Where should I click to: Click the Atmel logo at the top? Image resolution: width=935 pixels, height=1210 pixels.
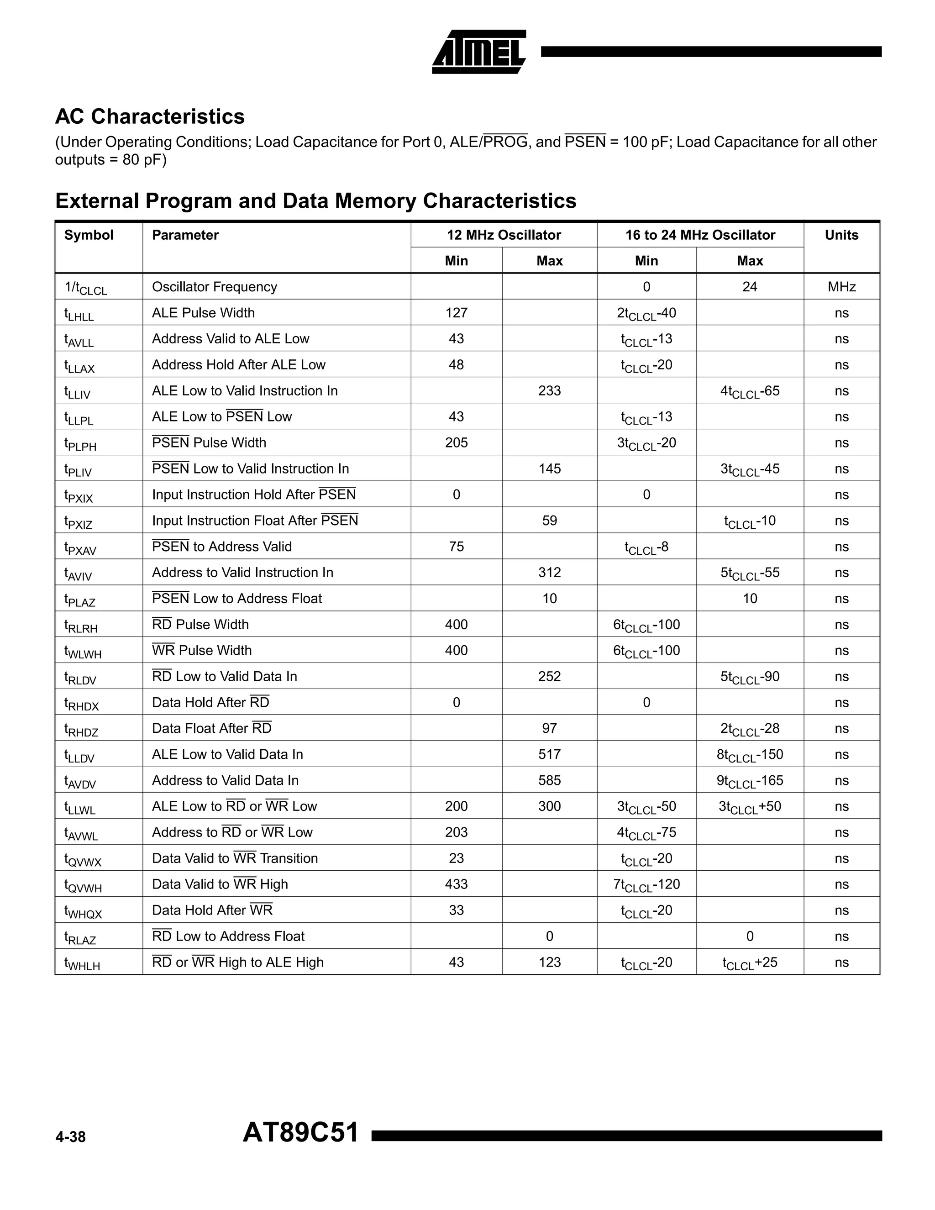pyautogui.click(x=478, y=52)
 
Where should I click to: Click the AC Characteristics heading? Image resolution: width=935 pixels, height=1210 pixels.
pyautogui.click(x=150, y=116)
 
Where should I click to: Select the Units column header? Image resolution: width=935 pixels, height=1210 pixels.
pyautogui.click(x=841, y=235)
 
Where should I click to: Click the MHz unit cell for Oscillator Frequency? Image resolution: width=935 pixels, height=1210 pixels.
pyautogui.click(x=841, y=287)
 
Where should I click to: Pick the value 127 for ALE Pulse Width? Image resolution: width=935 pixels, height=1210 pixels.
pyautogui.click(x=456, y=313)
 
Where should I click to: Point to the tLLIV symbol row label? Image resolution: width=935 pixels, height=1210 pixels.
pyautogui.click(x=78, y=392)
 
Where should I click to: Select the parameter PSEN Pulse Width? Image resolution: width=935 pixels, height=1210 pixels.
pyautogui.click(x=209, y=442)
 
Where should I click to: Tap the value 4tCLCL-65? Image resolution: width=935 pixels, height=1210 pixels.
pyautogui.click(x=750, y=391)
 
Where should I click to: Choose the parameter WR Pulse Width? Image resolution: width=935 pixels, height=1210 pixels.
pyautogui.click(x=202, y=650)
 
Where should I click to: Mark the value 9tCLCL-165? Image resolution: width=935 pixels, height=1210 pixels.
pyautogui.click(x=750, y=781)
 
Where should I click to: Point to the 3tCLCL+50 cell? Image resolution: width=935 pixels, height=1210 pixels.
pyautogui.click(x=750, y=807)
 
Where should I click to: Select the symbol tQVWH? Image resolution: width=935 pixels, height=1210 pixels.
pyautogui.click(x=83, y=885)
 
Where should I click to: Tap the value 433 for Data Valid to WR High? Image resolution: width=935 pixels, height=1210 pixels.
pyautogui.click(x=456, y=884)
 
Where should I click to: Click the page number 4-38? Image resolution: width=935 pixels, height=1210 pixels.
pyautogui.click(x=70, y=1137)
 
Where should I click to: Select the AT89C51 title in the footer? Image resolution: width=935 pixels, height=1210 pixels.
pyautogui.click(x=301, y=1132)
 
